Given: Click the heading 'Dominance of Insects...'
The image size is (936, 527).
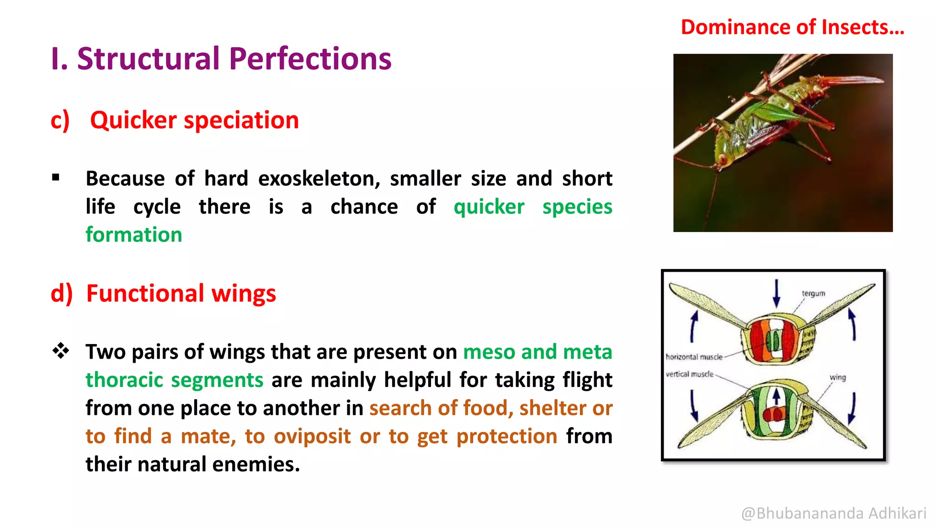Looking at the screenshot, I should coord(792,27).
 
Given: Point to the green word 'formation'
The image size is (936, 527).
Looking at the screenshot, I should coord(134,235).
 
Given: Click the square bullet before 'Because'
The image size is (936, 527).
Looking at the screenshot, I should coord(56,177).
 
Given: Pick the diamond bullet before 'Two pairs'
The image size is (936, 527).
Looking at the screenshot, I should coord(60,351).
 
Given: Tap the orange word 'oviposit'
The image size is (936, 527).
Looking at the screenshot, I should coord(312,436).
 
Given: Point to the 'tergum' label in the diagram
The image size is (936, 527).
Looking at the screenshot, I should coord(813,293).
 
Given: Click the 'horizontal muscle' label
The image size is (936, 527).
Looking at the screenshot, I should coord(694,357).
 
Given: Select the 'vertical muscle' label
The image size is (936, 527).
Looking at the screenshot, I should coord(689,374).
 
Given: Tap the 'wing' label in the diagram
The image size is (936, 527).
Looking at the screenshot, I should coord(837,377).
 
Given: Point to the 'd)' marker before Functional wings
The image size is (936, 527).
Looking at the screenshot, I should coord(62,294).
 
